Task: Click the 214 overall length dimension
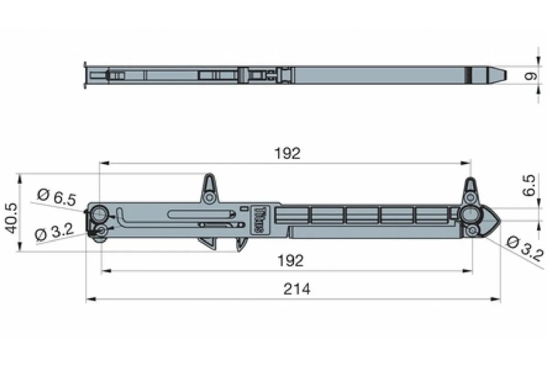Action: (x=297, y=289)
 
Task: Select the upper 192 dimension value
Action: (x=288, y=153)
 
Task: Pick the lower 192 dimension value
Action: (x=290, y=261)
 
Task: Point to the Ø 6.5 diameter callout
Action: (x=57, y=198)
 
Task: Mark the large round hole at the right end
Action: (x=470, y=214)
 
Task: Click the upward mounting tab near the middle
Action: (x=209, y=188)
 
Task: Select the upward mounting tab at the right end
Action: (x=470, y=190)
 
